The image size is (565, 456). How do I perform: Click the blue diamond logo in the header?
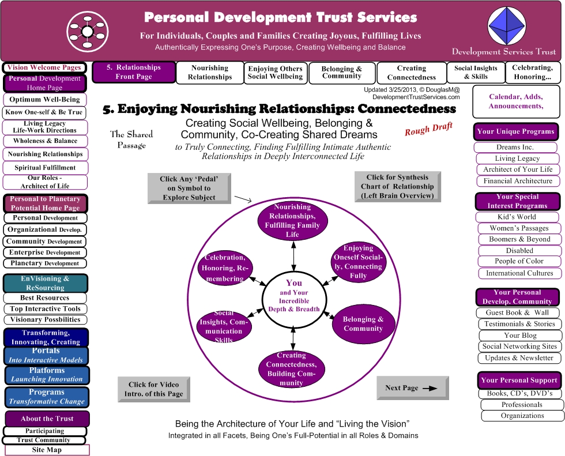tap(506, 27)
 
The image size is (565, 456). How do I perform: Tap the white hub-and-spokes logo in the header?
tap(88, 32)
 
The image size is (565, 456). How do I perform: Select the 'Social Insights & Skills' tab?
tap(476, 73)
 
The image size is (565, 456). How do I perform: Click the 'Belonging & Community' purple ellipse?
tap(363, 324)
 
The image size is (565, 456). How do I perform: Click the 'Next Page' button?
tap(413, 388)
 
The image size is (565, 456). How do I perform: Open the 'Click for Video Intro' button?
tap(154, 389)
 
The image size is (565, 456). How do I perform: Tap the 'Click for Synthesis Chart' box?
tap(397, 187)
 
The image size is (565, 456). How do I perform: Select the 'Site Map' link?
tap(47, 450)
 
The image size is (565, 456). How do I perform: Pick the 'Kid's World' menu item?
tap(517, 217)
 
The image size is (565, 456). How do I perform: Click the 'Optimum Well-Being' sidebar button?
tap(45, 99)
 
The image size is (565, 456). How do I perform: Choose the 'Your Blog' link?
tap(520, 336)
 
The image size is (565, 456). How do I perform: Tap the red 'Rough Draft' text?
tap(428, 129)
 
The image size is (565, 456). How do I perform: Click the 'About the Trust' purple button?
tap(47, 419)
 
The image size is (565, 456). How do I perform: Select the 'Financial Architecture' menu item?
tap(518, 181)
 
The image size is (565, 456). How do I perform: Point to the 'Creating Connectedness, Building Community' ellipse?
tap(292, 369)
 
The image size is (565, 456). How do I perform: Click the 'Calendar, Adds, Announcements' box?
tap(516, 101)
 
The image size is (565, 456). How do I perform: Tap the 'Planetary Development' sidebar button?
tap(45, 263)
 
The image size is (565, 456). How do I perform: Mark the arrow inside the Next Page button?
tap(430, 389)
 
